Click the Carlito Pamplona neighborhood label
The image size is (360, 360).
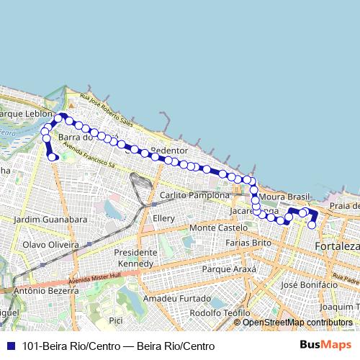pos(194,195)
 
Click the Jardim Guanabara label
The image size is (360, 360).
pos(50,219)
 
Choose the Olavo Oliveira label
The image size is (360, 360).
pos(50,244)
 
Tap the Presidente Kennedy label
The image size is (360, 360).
pos(135,258)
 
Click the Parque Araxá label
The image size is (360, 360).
pos(229,269)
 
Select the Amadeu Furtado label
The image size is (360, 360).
pos(171,298)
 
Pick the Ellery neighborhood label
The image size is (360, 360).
pos(164,218)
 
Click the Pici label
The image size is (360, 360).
pos(115,319)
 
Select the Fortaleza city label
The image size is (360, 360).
pos(337,247)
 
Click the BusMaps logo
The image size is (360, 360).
pos(325,345)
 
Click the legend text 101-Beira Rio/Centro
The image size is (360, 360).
pos(62,346)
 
